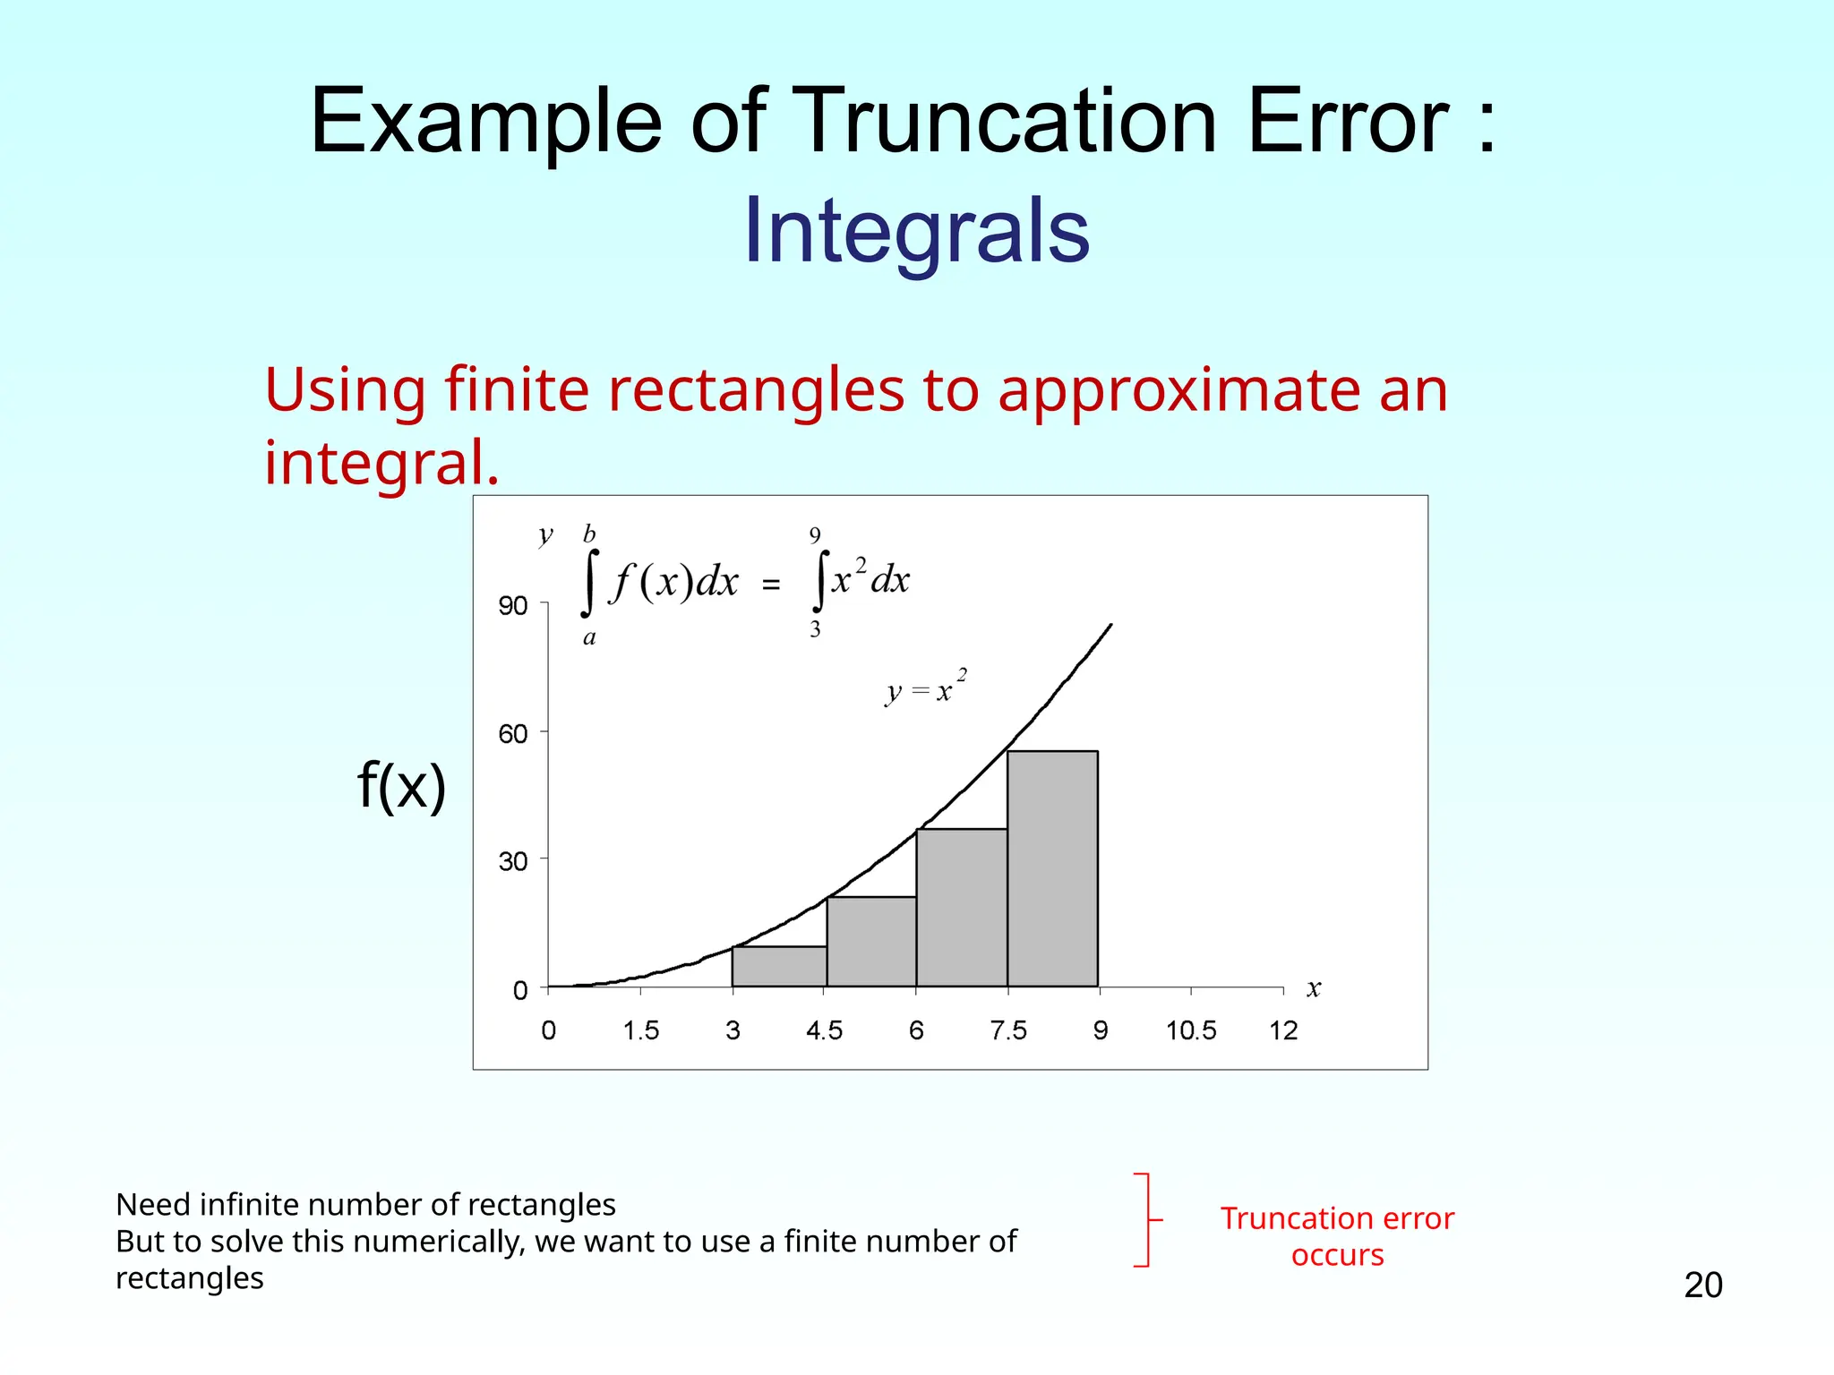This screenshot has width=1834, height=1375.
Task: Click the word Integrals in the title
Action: (916, 231)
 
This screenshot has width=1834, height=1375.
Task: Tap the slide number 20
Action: (1702, 1285)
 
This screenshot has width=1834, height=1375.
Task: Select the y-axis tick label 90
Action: (513, 606)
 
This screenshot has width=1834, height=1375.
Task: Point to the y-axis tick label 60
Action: (513, 734)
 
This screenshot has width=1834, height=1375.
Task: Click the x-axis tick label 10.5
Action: (1191, 1030)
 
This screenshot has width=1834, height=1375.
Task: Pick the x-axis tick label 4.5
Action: (824, 1030)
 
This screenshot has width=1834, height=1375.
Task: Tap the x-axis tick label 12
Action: (1283, 1030)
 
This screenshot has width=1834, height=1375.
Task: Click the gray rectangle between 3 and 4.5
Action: (779, 967)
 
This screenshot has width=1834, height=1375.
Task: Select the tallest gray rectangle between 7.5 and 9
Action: (1052, 868)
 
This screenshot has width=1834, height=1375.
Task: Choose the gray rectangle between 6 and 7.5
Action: (961, 908)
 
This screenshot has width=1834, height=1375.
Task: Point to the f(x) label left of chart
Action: (401, 786)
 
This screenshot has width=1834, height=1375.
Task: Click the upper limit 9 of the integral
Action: (815, 535)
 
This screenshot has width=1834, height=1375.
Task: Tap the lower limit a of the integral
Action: (589, 638)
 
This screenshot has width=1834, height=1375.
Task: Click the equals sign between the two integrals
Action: (771, 585)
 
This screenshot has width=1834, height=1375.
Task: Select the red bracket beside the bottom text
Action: (1146, 1219)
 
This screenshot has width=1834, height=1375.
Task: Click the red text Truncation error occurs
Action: (1337, 1236)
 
